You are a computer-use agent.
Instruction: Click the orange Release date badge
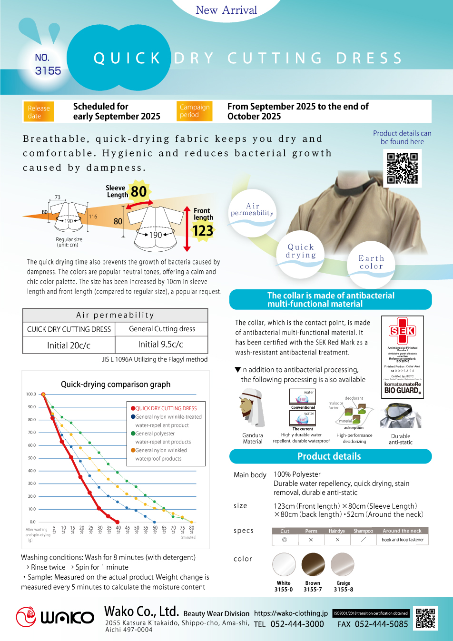(39, 112)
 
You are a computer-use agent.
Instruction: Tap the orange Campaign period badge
(194, 111)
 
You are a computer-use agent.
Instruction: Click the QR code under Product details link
(402, 168)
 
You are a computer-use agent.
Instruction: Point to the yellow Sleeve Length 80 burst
(138, 191)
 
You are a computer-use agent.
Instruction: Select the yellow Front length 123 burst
(203, 231)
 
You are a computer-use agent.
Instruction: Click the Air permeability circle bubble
(253, 209)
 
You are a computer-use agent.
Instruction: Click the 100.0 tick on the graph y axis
(31, 394)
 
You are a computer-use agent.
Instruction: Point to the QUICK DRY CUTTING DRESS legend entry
(164, 408)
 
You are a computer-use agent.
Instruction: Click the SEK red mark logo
(403, 331)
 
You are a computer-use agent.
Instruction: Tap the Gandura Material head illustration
(252, 408)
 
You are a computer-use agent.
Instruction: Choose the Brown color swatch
(313, 565)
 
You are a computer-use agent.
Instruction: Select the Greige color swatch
(343, 565)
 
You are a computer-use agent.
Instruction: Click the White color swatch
(284, 565)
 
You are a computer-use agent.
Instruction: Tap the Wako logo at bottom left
(55, 617)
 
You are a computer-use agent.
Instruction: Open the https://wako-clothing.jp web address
(291, 613)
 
